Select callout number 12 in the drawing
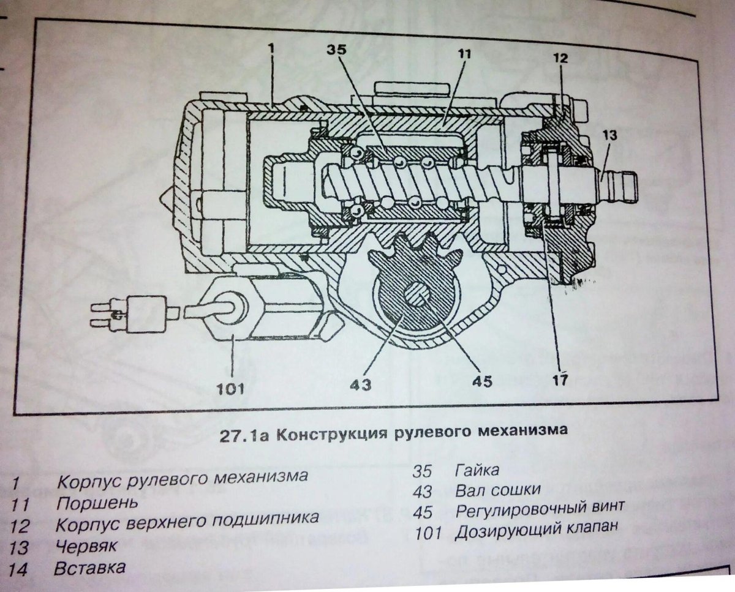coord(560,59)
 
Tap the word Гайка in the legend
coord(477,471)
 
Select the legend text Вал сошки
coord(498,490)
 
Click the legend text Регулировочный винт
coord(540,508)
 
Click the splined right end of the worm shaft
coord(622,183)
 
